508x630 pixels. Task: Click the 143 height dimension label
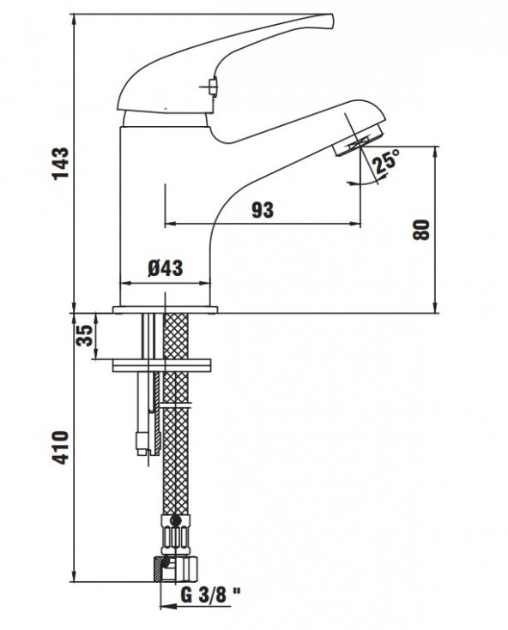59,163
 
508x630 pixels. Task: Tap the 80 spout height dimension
420,230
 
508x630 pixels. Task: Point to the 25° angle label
387,159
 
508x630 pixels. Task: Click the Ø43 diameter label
165,268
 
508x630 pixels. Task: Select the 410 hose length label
59,446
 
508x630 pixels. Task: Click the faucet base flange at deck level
166,309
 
